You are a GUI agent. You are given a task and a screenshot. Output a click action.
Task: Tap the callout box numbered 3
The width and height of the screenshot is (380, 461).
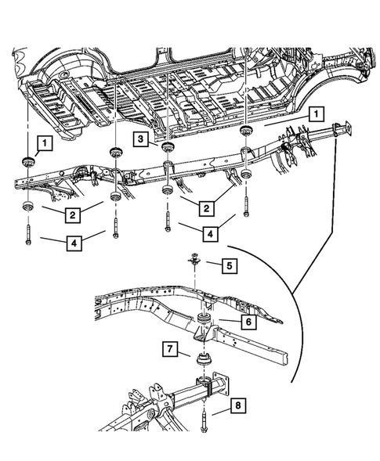tap(141, 139)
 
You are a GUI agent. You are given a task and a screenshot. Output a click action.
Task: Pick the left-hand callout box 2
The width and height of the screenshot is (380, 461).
tap(71, 214)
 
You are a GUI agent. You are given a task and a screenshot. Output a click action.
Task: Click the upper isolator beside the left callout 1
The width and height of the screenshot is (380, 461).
tap(24, 163)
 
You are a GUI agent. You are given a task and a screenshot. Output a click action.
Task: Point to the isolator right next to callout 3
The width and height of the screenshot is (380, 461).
tap(167, 148)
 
